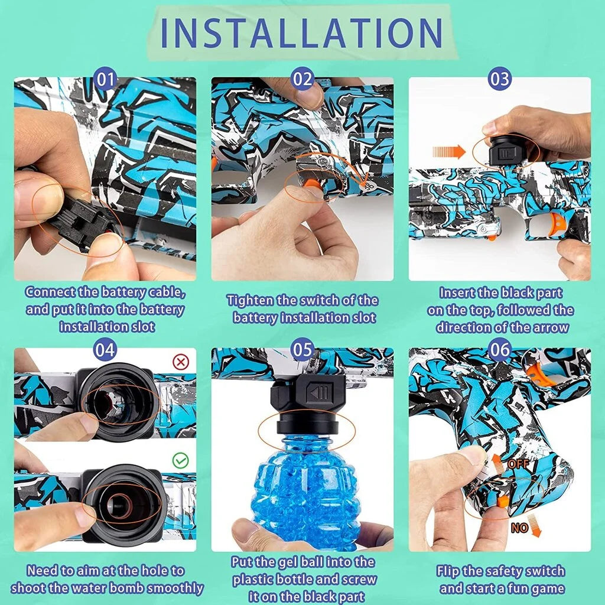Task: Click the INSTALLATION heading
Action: pyautogui.click(x=301, y=32)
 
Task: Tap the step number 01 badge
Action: pyautogui.click(x=105, y=80)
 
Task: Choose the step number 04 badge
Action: pyautogui.click(x=105, y=350)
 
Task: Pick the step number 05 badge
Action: pyautogui.click(x=302, y=350)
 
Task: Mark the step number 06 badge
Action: pyautogui.click(x=500, y=350)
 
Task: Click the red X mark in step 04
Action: pyautogui.click(x=181, y=362)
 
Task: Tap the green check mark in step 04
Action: pyautogui.click(x=181, y=460)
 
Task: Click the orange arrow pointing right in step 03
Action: pyautogui.click(x=449, y=152)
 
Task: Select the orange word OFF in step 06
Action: pyautogui.click(x=518, y=464)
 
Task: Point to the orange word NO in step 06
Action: pyautogui.click(x=519, y=528)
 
